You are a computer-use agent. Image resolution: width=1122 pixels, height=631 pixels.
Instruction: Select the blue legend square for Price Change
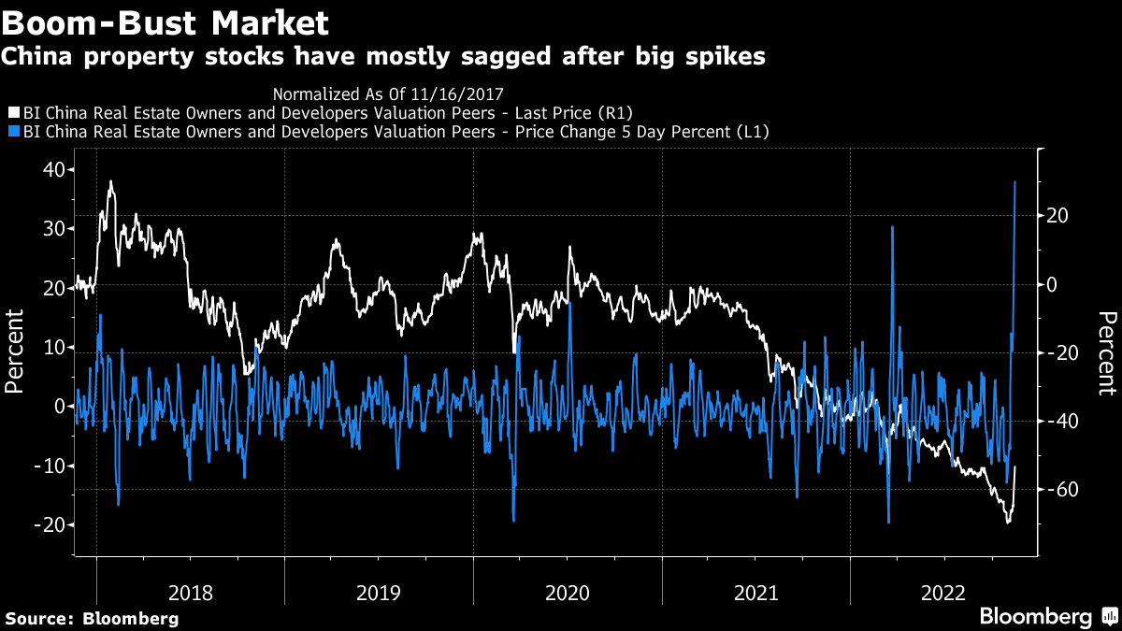[x=11, y=132]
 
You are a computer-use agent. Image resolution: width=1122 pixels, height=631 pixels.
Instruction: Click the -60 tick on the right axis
[x=1060, y=490]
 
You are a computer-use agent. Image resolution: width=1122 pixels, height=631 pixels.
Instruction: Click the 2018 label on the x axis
[x=191, y=593]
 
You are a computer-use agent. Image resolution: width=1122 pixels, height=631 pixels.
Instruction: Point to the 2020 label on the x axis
[x=567, y=593]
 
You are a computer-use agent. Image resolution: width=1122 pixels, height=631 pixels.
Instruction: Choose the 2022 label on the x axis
[x=943, y=593]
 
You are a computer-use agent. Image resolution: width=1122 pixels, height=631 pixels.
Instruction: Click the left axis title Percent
[x=15, y=352]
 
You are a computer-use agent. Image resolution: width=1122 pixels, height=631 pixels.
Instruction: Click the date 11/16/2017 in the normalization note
[x=463, y=93]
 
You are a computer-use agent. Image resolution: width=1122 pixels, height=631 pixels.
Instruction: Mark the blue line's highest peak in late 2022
[x=1015, y=181]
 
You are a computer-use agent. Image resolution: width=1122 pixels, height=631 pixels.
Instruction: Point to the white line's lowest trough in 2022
[x=1008, y=522]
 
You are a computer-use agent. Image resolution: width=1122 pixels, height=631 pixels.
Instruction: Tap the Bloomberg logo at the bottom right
[x=1035, y=616]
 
